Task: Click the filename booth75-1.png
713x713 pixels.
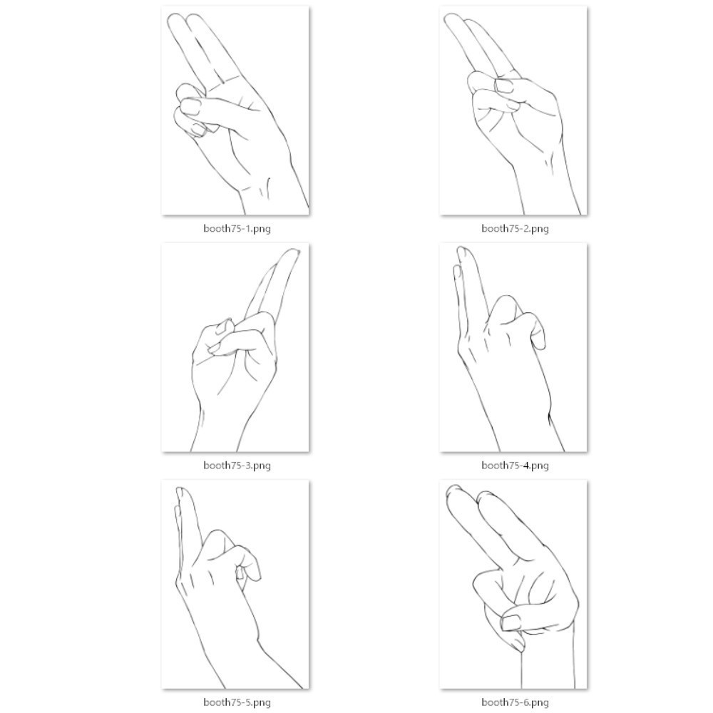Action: [237, 228]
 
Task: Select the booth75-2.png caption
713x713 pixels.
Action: [515, 228]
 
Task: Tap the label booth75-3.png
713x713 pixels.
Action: [237, 465]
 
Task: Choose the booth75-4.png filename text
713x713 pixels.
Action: [515, 465]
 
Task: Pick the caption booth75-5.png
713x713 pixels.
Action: [237, 702]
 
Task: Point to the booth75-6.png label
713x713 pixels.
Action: [515, 702]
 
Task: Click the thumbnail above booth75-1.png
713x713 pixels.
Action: [235, 111]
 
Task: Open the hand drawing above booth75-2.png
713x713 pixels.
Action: [513, 111]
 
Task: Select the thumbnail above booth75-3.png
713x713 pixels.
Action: [235, 347]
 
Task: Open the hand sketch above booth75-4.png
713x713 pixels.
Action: [513, 347]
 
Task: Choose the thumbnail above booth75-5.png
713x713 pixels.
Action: [235, 585]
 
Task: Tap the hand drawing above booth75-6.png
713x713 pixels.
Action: [513, 585]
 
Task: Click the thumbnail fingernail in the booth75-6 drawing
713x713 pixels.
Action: [511, 622]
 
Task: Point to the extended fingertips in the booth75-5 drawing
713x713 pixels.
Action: [180, 496]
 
